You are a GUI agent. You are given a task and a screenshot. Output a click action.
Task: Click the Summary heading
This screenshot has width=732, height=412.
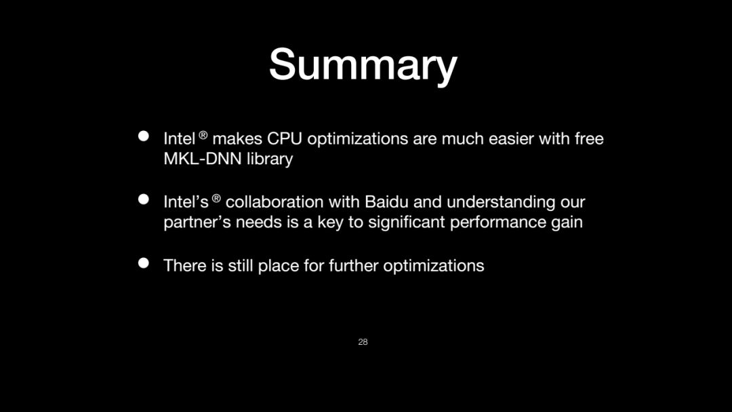[x=363, y=65]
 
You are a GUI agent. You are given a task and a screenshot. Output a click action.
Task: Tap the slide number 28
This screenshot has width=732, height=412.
[x=363, y=342]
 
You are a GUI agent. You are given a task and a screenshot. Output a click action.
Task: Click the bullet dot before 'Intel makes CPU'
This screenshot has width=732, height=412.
[x=144, y=136]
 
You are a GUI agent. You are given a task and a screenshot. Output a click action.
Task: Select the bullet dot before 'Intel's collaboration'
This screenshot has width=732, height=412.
[x=144, y=200]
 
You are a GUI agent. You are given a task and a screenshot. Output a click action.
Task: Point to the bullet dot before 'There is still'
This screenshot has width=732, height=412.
[x=144, y=263]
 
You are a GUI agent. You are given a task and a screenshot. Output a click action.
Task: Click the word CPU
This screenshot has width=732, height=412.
[x=284, y=138]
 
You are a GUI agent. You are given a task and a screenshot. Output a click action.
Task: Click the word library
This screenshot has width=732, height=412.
[x=270, y=159]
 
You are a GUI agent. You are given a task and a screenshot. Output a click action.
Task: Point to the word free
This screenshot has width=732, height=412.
[x=589, y=138]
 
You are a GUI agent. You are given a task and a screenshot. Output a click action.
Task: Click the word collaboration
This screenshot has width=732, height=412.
[x=274, y=202]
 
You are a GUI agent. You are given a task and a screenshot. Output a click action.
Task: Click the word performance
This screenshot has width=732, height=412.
[x=498, y=222]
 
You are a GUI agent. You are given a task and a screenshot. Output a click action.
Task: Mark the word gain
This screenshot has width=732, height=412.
[x=567, y=223]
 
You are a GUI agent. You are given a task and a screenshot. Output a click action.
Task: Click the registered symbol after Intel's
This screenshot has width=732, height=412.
[x=216, y=198]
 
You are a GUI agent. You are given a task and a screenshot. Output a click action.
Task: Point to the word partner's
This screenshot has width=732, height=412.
[x=197, y=222]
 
